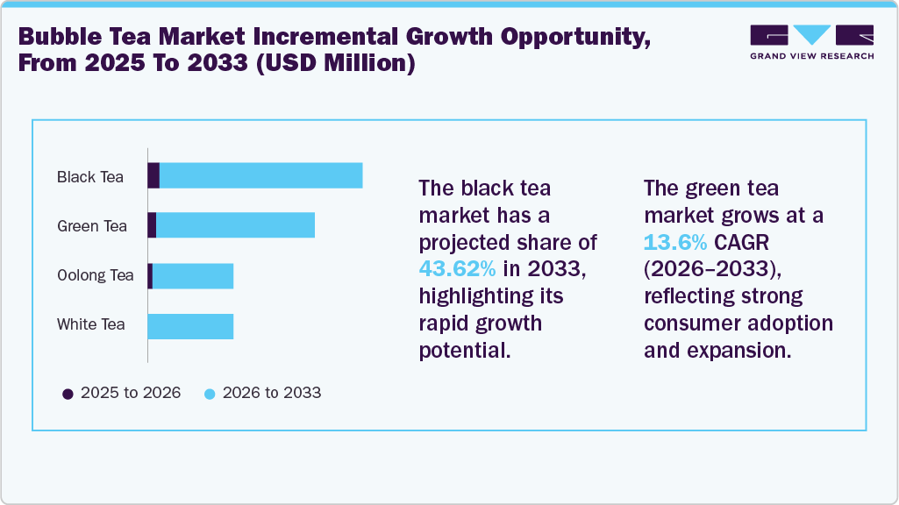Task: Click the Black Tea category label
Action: (89, 177)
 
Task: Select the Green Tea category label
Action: (91, 226)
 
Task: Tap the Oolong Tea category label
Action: (95, 275)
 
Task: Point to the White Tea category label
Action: (90, 324)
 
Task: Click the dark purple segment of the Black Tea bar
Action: (153, 175)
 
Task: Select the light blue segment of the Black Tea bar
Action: (260, 175)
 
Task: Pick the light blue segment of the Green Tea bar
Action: (235, 224)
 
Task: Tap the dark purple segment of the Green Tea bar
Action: (152, 224)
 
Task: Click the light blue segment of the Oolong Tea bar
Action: (193, 275)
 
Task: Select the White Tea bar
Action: (190, 325)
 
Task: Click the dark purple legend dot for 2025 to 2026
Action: (68, 394)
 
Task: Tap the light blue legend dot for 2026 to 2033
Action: (210, 394)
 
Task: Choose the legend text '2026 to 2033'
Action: (272, 393)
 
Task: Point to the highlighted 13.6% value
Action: (674, 242)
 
